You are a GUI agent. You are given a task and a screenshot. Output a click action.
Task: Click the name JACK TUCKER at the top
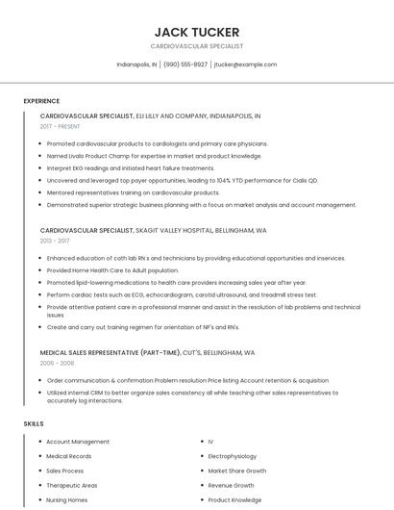pos(196,32)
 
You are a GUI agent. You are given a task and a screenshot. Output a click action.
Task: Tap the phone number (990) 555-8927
pos(185,64)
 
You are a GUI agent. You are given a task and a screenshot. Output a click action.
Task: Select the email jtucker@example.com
pos(245,64)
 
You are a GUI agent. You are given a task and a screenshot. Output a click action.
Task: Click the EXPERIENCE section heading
pos(41,101)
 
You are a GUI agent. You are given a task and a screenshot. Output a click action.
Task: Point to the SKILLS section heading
pos(34,423)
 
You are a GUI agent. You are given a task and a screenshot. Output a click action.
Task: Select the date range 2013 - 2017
pos(55,242)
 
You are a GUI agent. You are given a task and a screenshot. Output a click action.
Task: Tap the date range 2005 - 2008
pos(55,364)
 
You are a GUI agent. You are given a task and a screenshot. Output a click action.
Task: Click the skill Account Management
pos(78,442)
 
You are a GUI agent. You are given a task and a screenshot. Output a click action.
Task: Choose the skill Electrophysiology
pos(233,456)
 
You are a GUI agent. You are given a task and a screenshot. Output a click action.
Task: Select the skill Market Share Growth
pos(236,471)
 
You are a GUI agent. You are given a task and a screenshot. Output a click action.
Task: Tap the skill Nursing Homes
pos(67,500)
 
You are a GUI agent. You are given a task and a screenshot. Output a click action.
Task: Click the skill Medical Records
pos(69,456)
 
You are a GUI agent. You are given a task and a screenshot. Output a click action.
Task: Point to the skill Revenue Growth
pos(231,486)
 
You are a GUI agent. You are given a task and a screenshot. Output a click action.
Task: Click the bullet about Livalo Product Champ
pos(154,156)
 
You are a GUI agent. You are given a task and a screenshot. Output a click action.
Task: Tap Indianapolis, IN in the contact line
pos(137,64)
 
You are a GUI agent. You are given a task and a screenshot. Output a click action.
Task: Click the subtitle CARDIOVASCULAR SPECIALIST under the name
pos(196,46)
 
